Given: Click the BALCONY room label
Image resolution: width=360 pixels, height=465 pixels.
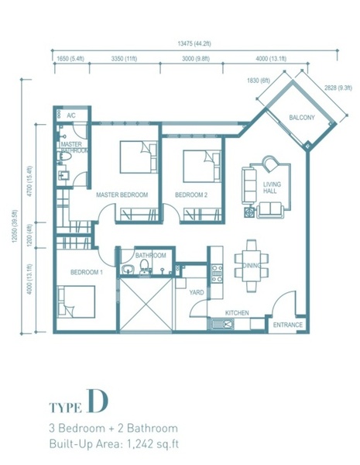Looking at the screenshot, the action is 302,118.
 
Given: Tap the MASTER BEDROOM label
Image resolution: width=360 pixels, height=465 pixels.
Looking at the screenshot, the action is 122,195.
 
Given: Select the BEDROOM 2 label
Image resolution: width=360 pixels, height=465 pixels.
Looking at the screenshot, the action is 191,195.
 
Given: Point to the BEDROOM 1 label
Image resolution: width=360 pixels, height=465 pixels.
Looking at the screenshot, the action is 87,272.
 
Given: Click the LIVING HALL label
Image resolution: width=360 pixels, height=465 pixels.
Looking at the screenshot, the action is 272,188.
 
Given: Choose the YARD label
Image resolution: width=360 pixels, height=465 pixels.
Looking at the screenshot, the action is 197,292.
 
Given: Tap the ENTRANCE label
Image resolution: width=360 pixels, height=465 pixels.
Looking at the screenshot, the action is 288,325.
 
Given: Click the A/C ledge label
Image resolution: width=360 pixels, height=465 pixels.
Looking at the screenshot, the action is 71,115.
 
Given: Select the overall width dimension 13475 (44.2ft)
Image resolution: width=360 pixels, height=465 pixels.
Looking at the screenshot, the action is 194,43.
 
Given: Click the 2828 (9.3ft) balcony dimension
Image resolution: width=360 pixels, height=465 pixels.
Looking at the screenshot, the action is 338,88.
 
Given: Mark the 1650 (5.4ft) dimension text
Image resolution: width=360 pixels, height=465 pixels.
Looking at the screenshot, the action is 70,59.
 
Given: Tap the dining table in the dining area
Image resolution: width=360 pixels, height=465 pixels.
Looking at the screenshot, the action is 252,265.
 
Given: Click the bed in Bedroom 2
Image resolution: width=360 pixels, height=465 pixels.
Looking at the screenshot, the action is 202,166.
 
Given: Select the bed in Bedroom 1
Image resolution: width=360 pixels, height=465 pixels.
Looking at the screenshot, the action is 77,301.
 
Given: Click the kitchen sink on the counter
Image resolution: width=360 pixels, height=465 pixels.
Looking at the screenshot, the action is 222,323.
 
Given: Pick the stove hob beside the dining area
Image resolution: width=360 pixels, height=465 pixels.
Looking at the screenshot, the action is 217,273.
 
